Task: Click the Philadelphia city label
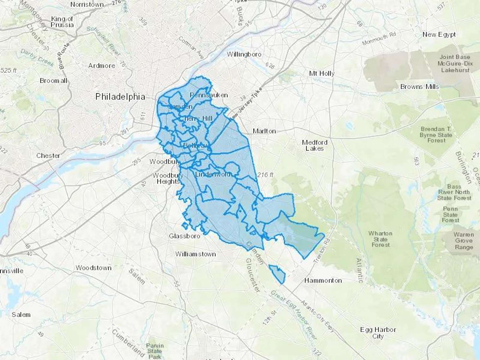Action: [x=120, y=97]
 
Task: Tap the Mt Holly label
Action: [x=322, y=73]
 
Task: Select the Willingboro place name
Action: [x=244, y=54]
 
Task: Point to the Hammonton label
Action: [x=323, y=280]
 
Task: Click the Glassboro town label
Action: [x=185, y=236]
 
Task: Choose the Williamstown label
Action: [x=195, y=254]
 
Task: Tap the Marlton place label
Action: [x=264, y=131]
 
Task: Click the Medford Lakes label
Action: [x=315, y=145]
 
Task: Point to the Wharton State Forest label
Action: [x=381, y=239]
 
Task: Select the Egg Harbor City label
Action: [x=378, y=333]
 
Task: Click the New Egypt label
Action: [x=439, y=34]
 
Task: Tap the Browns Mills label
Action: [x=419, y=87]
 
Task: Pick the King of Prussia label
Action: [x=62, y=22]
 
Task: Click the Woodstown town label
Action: [x=93, y=268]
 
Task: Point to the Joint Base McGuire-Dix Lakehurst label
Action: [x=455, y=63]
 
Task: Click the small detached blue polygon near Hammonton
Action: [x=278, y=274]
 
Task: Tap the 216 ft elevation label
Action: [x=265, y=175]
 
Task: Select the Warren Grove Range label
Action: [x=464, y=241]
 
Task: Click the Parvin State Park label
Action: [x=155, y=351]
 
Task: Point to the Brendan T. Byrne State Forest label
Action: [x=436, y=135]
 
